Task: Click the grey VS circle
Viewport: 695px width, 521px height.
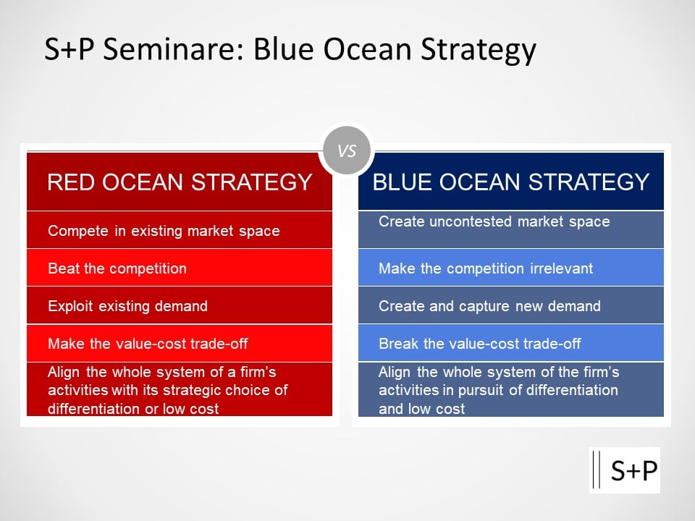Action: pos(347,151)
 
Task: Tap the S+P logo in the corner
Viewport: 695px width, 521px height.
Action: pos(625,470)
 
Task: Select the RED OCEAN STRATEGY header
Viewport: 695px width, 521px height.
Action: pos(180,182)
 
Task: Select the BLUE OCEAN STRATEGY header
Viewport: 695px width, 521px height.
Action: pos(511,182)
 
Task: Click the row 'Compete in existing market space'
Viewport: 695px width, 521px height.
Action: pos(180,230)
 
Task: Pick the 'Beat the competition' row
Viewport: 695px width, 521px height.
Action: pos(180,268)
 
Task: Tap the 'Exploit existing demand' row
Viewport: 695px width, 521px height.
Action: pos(180,305)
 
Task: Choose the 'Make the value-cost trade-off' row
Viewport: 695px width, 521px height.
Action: pos(180,343)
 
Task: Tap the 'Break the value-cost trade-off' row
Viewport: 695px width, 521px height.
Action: pos(511,343)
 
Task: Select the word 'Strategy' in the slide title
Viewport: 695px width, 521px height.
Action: pos(479,50)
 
